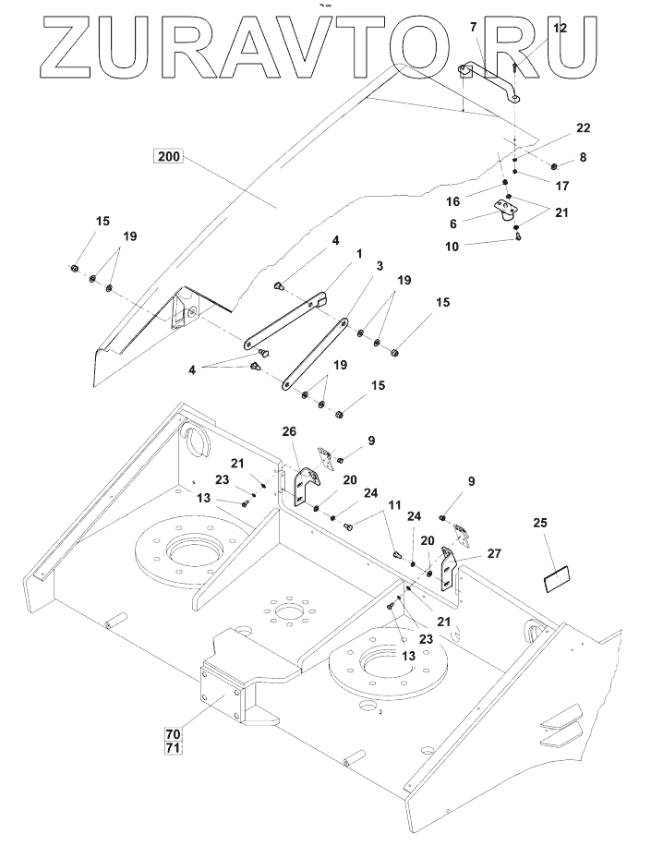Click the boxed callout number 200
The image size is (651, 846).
[169, 157]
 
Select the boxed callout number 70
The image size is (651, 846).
[173, 734]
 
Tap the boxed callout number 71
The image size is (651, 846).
[173, 747]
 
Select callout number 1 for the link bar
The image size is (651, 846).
[359, 253]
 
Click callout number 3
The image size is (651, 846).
[379, 266]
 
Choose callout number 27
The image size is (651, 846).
[493, 553]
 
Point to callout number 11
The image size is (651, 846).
[394, 505]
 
